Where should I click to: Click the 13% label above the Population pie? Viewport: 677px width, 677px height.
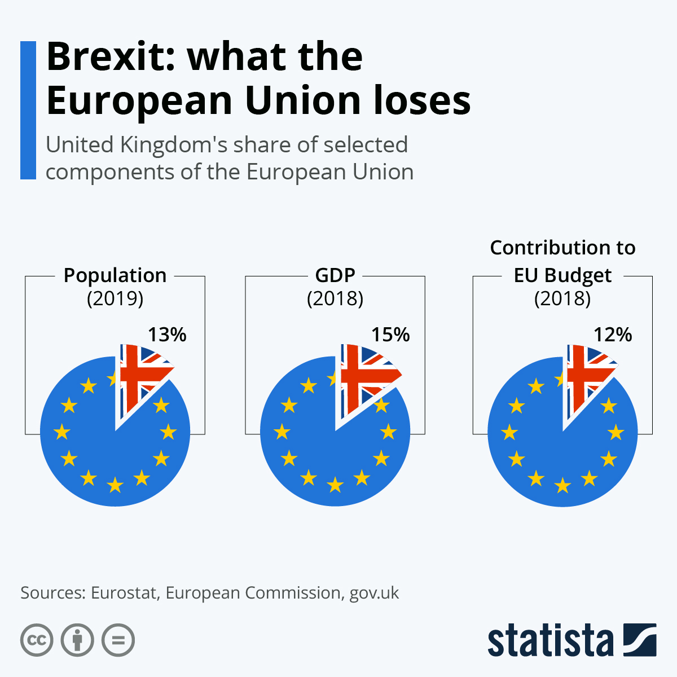click(x=167, y=335)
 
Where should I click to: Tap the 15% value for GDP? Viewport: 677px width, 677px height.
click(x=390, y=335)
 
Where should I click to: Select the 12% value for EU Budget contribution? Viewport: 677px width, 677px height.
click(x=613, y=335)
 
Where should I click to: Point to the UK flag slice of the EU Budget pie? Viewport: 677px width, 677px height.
click(x=587, y=375)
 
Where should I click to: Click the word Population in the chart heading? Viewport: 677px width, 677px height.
click(x=115, y=275)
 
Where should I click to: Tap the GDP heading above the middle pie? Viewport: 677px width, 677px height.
click(x=335, y=275)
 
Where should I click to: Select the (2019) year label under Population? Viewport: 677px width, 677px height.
click(x=115, y=298)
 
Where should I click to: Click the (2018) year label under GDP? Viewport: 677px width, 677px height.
click(x=335, y=298)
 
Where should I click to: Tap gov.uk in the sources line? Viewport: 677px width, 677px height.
click(x=374, y=594)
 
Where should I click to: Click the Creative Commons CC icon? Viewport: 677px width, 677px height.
click(x=37, y=640)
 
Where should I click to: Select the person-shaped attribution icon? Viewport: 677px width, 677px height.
click(x=77, y=640)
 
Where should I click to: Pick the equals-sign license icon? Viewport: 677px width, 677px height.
click(x=118, y=640)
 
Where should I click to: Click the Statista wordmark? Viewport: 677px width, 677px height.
click(x=550, y=640)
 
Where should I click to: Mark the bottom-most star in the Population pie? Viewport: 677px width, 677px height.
click(x=115, y=484)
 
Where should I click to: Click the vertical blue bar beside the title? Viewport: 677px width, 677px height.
click(x=28, y=110)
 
